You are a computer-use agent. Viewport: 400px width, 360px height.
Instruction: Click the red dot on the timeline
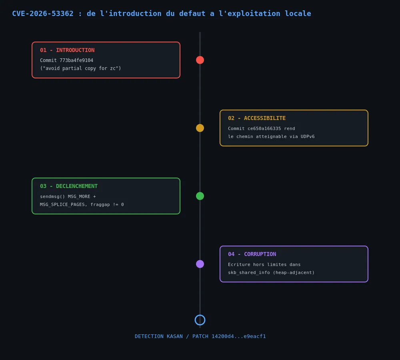pos(200,60)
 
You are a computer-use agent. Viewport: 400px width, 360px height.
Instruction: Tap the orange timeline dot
pos(200,128)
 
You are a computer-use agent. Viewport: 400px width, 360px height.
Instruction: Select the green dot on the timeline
pos(200,196)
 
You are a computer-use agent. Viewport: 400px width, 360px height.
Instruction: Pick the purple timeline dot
pos(200,264)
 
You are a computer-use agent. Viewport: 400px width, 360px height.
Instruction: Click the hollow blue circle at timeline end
pos(200,315)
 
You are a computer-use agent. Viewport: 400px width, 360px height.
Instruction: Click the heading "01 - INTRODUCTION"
pos(67,50)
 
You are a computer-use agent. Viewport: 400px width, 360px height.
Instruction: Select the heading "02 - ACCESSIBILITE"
pos(257,118)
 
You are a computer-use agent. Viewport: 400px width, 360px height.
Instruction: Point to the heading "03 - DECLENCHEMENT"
pos(69,186)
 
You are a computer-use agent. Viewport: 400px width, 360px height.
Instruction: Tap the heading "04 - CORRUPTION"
pos(252,254)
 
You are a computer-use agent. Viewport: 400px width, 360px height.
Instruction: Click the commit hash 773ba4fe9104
pos(76,60)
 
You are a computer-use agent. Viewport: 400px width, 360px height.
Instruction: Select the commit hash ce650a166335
pos(264,128)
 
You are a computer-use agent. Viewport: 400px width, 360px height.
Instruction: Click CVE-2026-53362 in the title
pos(43,14)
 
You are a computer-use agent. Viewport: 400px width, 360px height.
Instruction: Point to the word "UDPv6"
pos(308,136)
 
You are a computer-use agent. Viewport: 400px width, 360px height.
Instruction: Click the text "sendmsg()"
pos(52,196)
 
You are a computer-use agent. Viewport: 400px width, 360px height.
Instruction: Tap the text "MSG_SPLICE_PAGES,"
pos(64,205)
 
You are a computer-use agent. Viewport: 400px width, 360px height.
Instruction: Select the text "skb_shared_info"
pos(249,272)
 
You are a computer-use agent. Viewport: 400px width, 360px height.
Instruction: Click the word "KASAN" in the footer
pos(175,336)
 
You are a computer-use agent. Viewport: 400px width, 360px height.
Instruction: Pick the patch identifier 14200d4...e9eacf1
pos(239,336)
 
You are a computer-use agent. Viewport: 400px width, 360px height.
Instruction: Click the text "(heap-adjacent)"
pos(294,272)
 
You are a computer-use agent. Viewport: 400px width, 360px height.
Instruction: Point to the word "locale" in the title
pos(298,14)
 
